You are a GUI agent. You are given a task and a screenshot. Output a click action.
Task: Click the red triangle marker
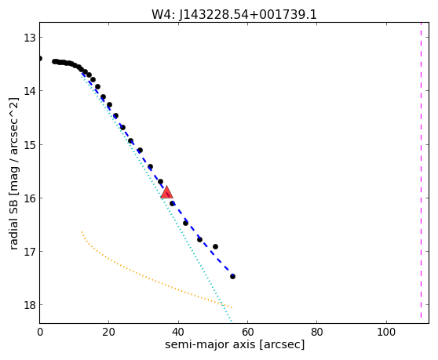point(166,192)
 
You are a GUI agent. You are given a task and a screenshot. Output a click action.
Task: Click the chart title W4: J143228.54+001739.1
point(234,15)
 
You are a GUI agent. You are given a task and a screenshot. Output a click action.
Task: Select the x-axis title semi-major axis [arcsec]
point(235,344)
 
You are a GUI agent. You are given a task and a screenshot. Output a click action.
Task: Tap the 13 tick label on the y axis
point(30,38)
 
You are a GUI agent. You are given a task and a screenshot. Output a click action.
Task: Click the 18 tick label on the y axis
point(30,305)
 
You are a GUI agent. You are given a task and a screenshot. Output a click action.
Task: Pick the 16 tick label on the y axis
point(30,198)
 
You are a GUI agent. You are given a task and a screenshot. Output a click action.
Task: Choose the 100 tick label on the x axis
point(386,332)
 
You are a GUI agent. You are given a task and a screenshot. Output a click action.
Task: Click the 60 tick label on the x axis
point(247,332)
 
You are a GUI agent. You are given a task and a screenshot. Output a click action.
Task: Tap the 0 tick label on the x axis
point(40,332)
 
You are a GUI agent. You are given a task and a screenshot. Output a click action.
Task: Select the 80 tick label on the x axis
point(317,332)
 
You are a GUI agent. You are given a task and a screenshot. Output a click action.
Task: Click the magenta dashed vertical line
point(421,170)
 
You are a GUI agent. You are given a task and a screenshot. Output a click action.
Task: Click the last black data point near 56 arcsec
point(232,277)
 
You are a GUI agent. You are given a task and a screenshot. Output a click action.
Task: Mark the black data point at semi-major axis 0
point(40,58)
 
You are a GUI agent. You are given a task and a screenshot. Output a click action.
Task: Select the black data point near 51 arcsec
point(215,247)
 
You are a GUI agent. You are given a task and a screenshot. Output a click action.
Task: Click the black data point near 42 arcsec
point(185,223)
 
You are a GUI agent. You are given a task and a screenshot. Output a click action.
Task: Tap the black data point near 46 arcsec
point(199,239)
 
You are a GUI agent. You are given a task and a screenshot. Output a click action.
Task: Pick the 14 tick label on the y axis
point(30,91)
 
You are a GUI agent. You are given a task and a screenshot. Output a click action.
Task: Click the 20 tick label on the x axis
point(108,332)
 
